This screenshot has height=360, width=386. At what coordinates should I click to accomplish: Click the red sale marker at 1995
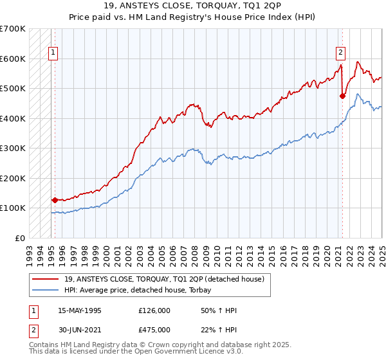(55, 200)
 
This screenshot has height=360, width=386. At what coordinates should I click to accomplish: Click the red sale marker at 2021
(342, 96)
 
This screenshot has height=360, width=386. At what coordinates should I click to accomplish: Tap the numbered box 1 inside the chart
(52, 53)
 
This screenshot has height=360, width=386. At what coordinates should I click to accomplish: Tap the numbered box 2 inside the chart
(340, 53)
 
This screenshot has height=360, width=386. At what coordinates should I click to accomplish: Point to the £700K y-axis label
(13, 29)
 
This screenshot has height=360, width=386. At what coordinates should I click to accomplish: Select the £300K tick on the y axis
(13, 148)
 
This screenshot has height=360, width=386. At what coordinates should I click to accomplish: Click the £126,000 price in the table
(154, 310)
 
